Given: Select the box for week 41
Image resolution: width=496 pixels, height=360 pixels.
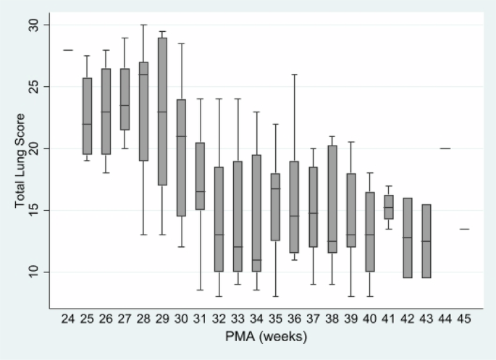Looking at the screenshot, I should [x=389, y=207].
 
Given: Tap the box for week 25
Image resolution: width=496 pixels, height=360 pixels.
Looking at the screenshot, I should [x=88, y=116].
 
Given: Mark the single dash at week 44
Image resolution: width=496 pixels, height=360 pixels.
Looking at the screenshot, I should [x=445, y=148].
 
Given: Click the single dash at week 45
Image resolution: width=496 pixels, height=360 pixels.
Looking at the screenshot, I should [x=464, y=229].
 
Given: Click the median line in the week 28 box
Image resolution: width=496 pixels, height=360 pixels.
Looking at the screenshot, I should [x=144, y=75].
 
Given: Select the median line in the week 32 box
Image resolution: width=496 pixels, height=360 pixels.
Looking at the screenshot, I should [x=219, y=235].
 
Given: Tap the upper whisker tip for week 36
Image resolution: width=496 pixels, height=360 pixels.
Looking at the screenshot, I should [x=295, y=75].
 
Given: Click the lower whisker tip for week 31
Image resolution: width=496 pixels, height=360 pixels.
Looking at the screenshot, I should [x=201, y=290].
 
